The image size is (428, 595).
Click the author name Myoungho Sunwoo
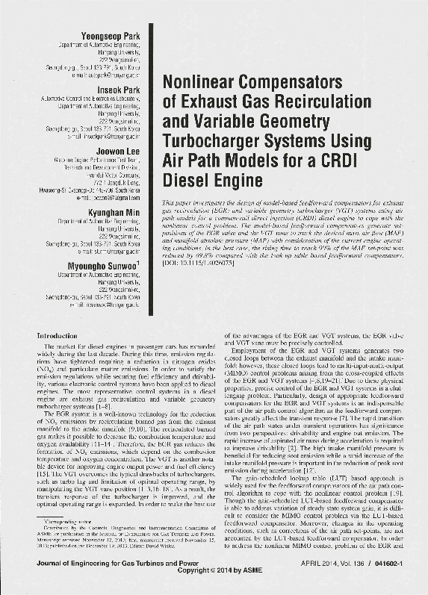click(106, 265)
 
